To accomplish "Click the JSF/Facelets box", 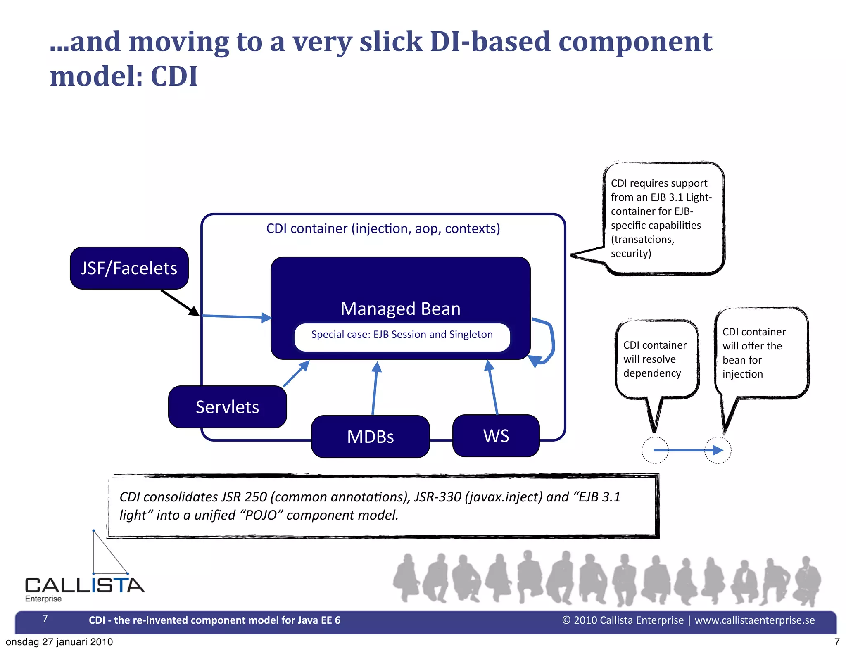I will [129, 268].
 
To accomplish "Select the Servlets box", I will [227, 407].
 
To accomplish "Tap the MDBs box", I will [370, 437].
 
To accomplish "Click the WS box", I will [496, 436].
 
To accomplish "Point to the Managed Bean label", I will [400, 309].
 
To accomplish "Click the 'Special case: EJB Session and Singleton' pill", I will [402, 335].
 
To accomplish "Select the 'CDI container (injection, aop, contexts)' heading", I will [383, 228].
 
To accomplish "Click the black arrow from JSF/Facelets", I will [180, 303].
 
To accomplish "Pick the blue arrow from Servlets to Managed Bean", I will [296, 374].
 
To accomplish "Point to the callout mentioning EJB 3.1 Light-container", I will [663, 218].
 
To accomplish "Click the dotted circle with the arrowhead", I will [718, 450].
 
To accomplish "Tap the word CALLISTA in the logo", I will [85, 585].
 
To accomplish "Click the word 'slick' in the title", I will [391, 42].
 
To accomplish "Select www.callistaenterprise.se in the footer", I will [755, 620].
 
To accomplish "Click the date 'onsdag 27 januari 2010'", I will [59, 642].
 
